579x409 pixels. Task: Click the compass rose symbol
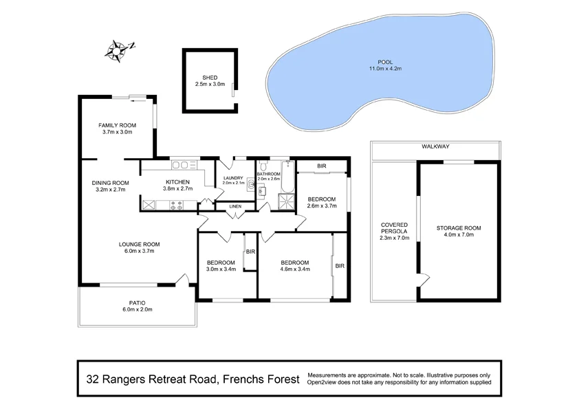(118, 49)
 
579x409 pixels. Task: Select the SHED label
(209, 78)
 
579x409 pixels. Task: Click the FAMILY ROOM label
(118, 125)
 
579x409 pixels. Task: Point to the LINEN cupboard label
(235, 206)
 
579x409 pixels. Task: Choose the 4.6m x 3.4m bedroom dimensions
(294, 269)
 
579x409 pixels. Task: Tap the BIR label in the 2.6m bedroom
(322, 166)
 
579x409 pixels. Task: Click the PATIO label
(138, 302)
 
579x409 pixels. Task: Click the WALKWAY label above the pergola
(435, 146)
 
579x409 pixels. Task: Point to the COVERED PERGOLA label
(395, 228)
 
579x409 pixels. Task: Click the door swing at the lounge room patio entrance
(182, 280)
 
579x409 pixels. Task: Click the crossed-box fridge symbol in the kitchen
(149, 204)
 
